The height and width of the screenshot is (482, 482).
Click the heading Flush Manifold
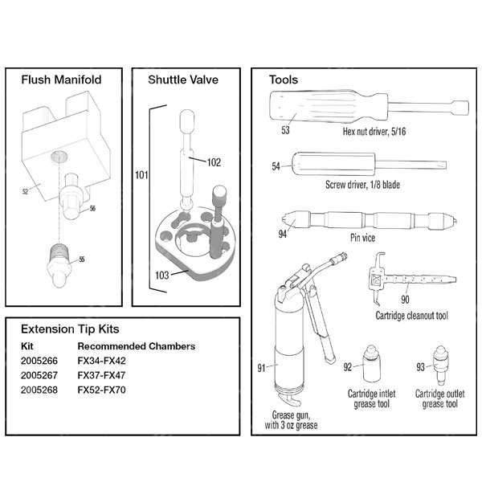click(x=60, y=80)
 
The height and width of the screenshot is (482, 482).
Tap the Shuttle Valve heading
click(x=183, y=80)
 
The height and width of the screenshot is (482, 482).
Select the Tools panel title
click(x=284, y=80)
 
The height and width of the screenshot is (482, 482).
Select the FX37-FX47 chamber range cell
click(x=102, y=375)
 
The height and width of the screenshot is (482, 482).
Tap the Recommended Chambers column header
click(x=136, y=346)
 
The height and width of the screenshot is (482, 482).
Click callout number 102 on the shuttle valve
click(x=214, y=161)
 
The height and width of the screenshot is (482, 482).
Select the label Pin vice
click(x=363, y=238)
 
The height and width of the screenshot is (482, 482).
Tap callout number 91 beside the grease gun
click(x=261, y=368)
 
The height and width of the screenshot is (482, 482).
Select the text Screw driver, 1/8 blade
click(x=363, y=185)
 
